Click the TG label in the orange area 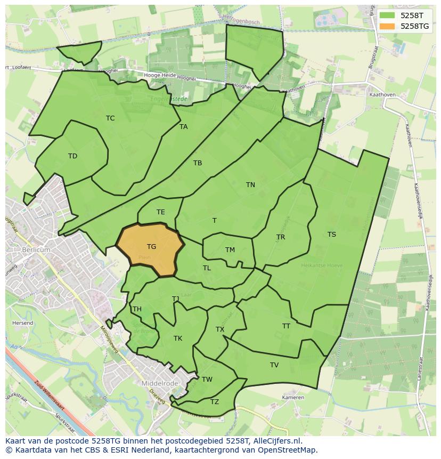coord(152,247)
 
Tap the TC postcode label coord(110,118)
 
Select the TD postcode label coord(72,156)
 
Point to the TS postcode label coord(332,235)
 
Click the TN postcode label coord(250,185)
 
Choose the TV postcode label coord(274,365)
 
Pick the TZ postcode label coord(215,402)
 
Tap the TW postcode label coord(207,380)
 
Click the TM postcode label coord(230,250)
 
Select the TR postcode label coord(281,237)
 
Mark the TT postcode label coord(286,326)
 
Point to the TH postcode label coord(137,309)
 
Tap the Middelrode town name coord(159,383)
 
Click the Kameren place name coord(293,398)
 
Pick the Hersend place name coord(22,323)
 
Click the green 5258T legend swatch coord(387,15)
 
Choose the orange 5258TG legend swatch coord(387,26)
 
